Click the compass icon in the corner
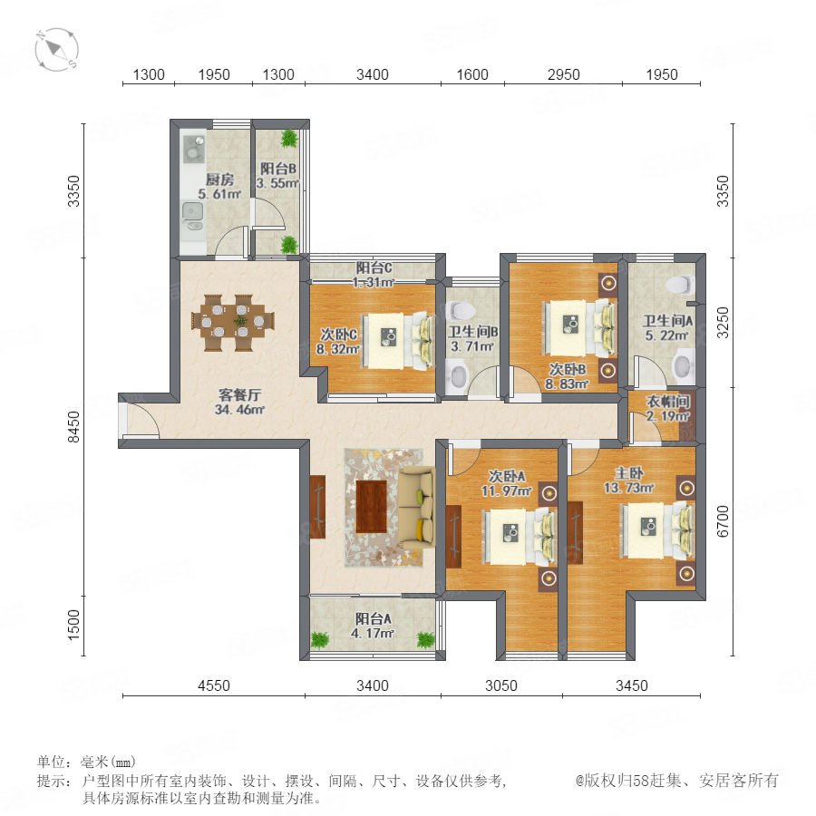pyautogui.click(x=57, y=50)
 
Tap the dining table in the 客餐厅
pyautogui.click(x=233, y=323)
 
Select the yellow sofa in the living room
pyautogui.click(x=417, y=508)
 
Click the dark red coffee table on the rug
pyautogui.click(x=371, y=507)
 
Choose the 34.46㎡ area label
pyautogui.click(x=239, y=410)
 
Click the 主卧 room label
pyautogui.click(x=629, y=473)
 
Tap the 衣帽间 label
pyautogui.click(x=668, y=402)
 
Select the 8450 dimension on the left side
pyautogui.click(x=74, y=427)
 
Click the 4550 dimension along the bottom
pyautogui.click(x=213, y=685)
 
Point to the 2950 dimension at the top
pyautogui.click(x=563, y=74)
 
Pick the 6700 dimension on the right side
pyautogui.click(x=723, y=521)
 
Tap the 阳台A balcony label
pyautogui.click(x=374, y=618)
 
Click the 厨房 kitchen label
pyautogui.click(x=219, y=180)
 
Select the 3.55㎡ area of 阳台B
pyautogui.click(x=277, y=183)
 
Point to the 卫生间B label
pyautogui.click(x=473, y=332)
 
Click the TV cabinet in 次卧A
pyautogui.click(x=454, y=537)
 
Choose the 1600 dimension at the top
pyautogui.click(x=472, y=74)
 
